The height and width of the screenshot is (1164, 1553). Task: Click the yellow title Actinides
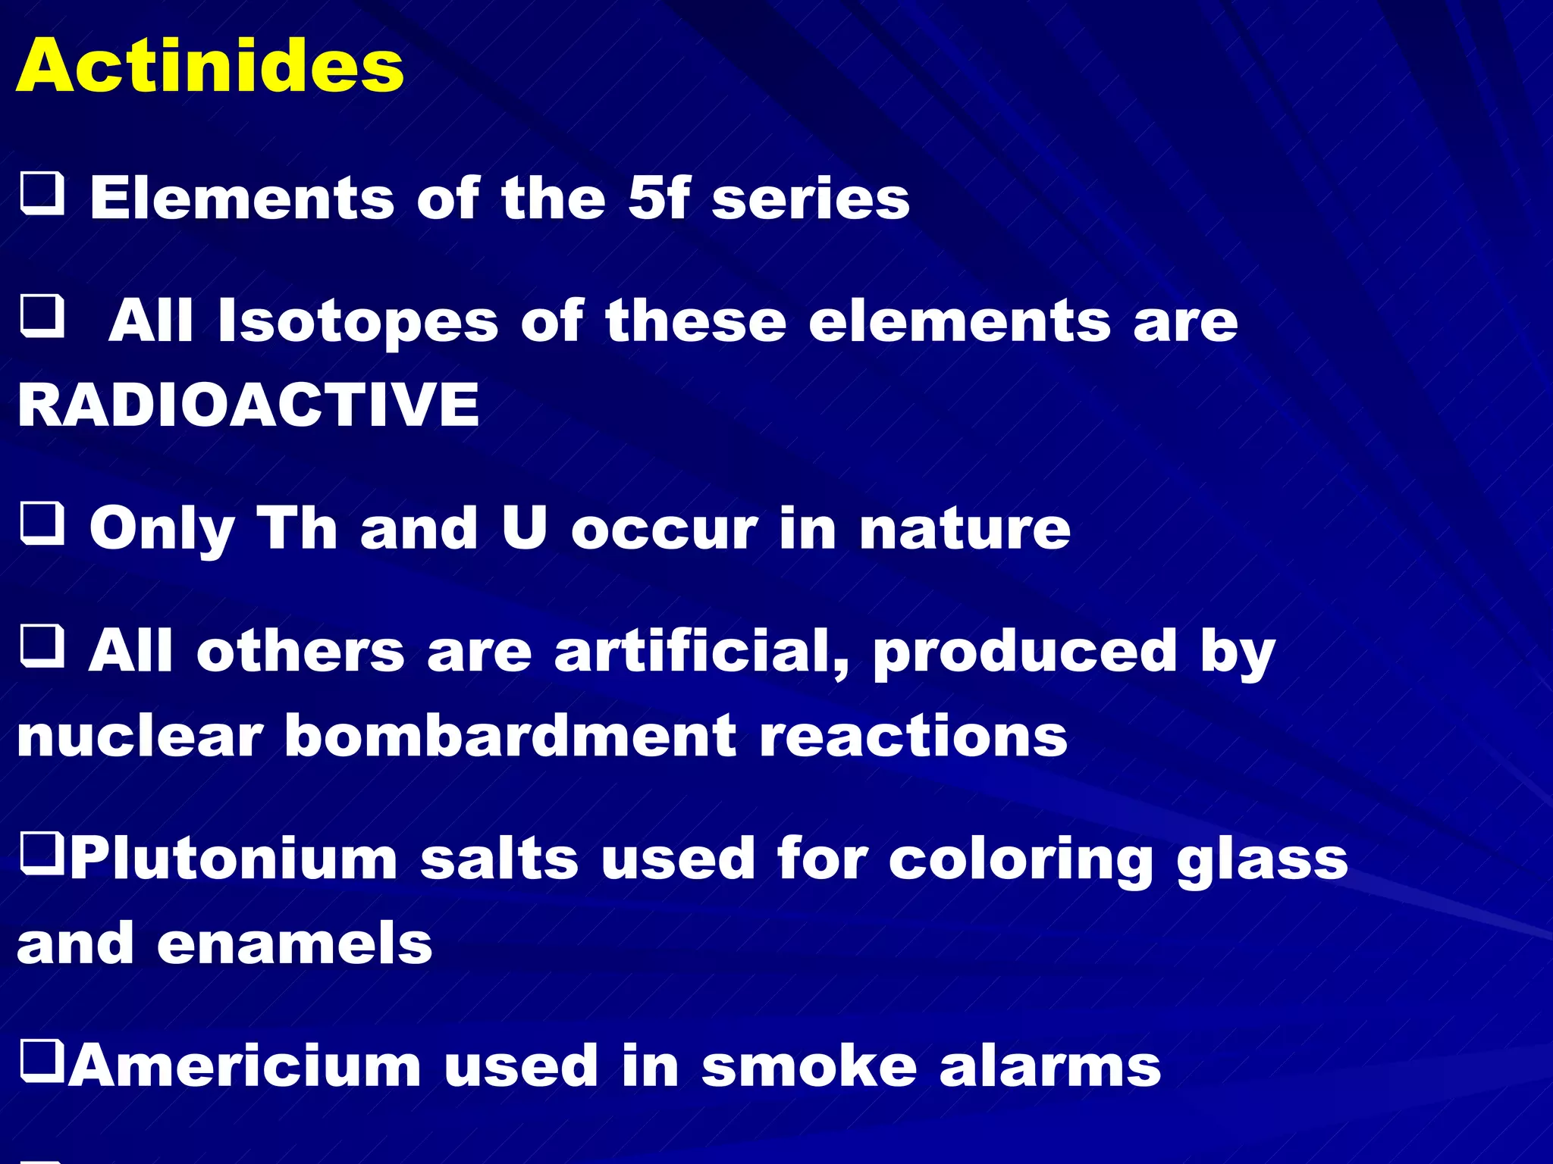(210, 66)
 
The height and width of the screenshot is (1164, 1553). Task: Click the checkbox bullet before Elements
(42, 194)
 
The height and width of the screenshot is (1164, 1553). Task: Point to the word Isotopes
(358, 322)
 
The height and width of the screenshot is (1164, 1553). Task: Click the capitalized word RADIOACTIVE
(249, 404)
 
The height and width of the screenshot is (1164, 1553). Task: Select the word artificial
(702, 652)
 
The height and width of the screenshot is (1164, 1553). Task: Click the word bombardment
(510, 736)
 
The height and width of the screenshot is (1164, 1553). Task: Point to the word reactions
(913, 736)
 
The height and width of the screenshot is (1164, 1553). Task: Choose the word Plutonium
(234, 860)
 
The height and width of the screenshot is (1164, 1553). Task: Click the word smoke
(809, 1066)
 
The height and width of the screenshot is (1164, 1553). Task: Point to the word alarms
(1049, 1066)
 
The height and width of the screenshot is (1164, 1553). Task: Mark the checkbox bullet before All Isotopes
(42, 316)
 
